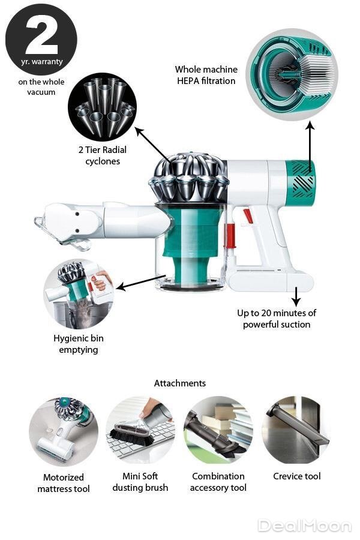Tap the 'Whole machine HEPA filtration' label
(206, 75)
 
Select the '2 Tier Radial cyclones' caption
(103, 155)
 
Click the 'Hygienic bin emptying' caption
(79, 344)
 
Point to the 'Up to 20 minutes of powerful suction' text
(276, 319)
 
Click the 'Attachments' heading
(180, 383)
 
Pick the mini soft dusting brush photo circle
(140, 430)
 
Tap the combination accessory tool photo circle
(218, 430)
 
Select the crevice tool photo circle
(296, 430)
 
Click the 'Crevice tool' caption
(296, 476)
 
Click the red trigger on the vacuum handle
(248, 216)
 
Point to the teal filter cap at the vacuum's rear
(301, 183)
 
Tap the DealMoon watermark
(305, 526)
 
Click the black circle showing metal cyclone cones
(103, 107)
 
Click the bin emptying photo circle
(78, 295)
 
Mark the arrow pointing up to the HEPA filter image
(310, 146)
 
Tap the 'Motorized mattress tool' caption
(64, 483)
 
